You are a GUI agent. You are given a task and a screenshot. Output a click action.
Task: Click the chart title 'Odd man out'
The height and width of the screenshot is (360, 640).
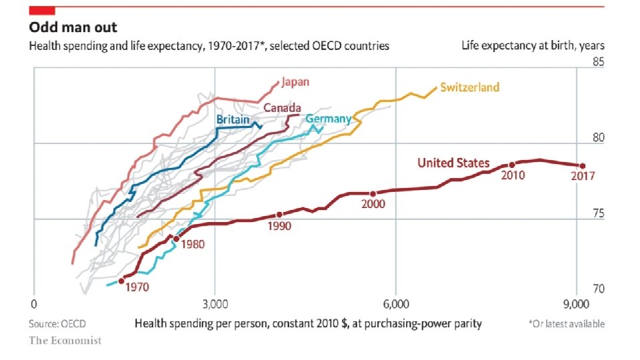pos(73,27)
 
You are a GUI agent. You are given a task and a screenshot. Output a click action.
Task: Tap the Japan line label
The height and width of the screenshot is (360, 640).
pos(295,82)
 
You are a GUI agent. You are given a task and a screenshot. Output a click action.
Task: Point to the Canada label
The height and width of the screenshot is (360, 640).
pos(282,108)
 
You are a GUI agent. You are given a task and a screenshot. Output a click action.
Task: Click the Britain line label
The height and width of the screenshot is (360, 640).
pos(233,119)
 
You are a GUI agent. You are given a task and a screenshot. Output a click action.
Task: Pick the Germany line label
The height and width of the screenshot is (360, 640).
pos(328,119)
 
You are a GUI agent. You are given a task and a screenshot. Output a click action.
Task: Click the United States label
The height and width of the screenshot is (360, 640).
pos(453,163)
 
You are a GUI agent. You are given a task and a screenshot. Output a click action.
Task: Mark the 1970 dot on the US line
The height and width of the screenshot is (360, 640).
pos(121,281)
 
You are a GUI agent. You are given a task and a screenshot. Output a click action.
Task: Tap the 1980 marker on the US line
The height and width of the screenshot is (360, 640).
pos(176,239)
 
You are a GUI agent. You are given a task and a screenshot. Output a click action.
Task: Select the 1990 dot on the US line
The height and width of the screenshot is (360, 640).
pos(279,215)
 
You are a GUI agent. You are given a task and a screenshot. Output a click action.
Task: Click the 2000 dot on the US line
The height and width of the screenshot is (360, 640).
pos(373,194)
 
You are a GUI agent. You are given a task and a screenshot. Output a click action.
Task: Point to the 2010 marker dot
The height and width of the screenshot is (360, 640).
pos(512,165)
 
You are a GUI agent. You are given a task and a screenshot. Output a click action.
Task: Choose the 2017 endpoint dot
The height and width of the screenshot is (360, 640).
pos(582,166)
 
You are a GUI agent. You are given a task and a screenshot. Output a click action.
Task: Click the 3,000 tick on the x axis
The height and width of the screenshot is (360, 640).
pos(214,304)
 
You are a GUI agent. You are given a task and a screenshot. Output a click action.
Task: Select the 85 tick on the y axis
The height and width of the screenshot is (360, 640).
pos(598,63)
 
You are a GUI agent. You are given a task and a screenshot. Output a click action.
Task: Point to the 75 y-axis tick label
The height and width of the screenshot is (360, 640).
pos(598,214)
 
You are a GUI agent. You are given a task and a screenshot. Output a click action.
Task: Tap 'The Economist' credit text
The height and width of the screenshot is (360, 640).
pos(65,341)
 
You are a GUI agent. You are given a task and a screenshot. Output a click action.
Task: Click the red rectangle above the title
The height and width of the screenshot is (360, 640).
pos(42,9)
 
